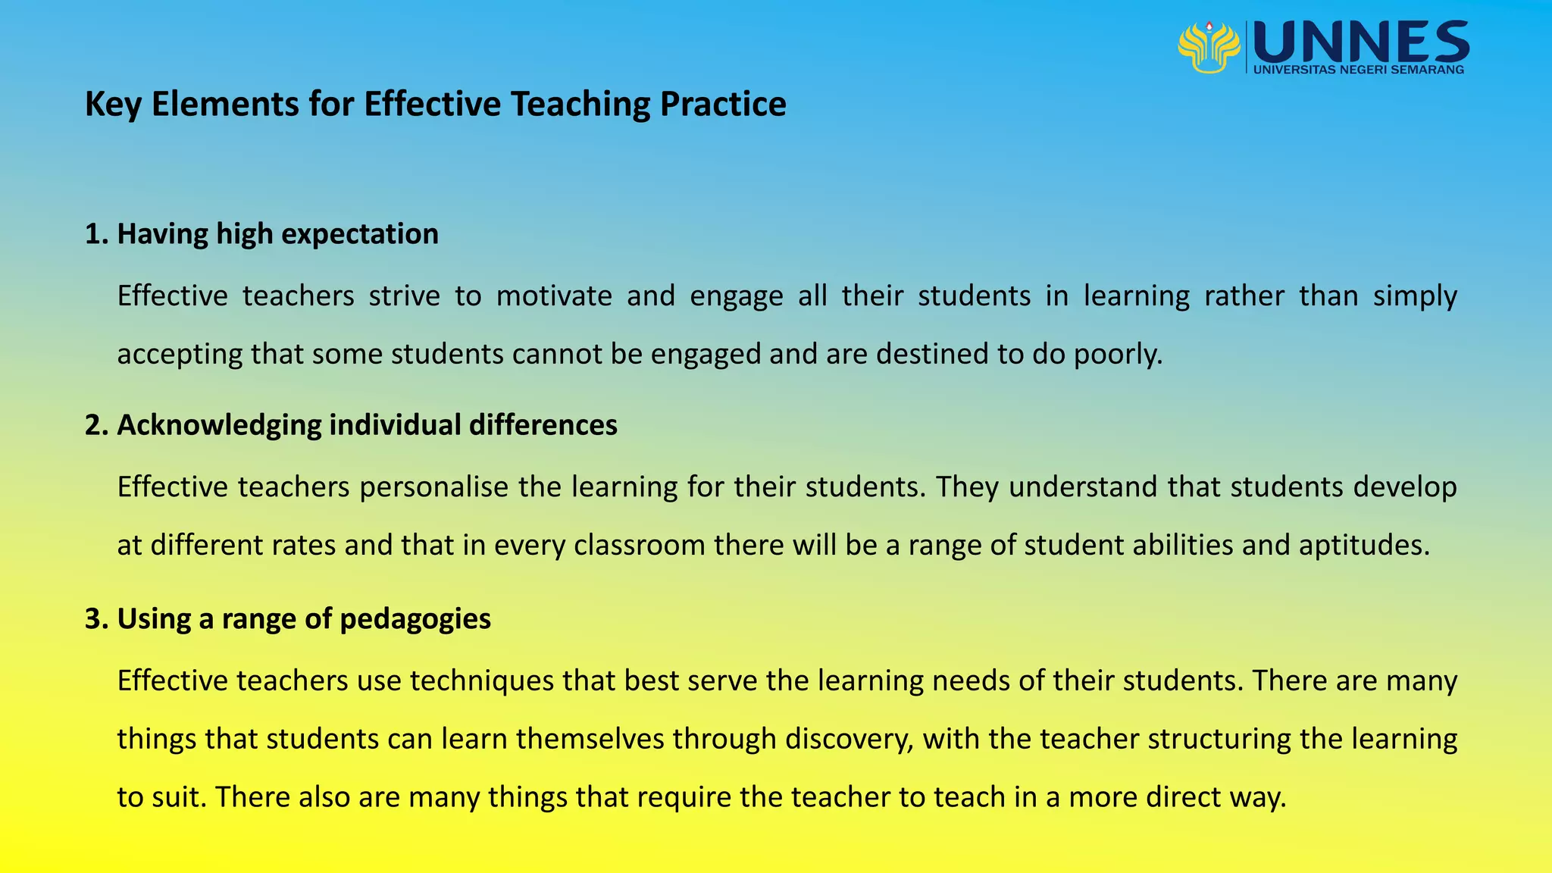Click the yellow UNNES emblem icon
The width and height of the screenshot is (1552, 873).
click(x=1209, y=47)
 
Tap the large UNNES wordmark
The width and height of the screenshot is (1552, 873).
click(x=1361, y=42)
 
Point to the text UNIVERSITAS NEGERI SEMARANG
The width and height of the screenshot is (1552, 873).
click(x=1359, y=70)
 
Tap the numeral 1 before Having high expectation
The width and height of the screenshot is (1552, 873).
click(x=93, y=234)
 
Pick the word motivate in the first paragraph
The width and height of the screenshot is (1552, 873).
click(x=554, y=296)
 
